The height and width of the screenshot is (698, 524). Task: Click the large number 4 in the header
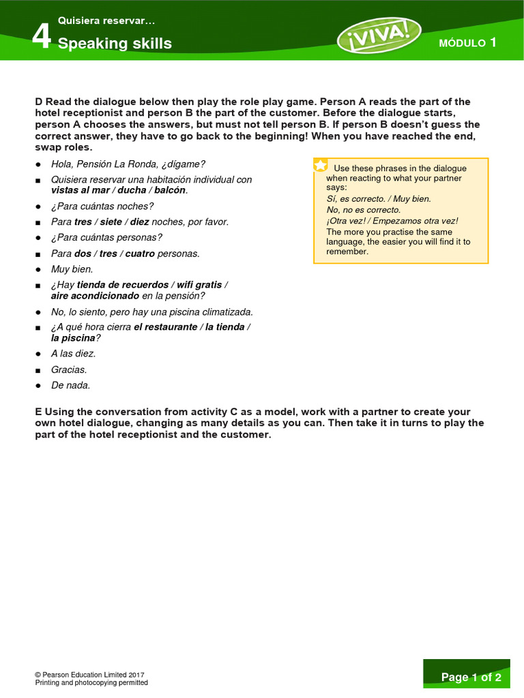[42, 37]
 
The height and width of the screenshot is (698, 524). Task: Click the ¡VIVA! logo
[379, 35]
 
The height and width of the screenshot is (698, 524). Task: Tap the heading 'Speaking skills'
[115, 44]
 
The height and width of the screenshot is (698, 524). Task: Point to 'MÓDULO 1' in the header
[467, 43]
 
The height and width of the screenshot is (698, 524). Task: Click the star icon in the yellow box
[320, 166]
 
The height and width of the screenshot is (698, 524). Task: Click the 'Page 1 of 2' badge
[471, 677]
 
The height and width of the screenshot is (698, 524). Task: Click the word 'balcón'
[170, 190]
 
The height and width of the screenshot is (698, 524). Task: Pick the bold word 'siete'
[111, 222]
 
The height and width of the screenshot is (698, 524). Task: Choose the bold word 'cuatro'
[139, 253]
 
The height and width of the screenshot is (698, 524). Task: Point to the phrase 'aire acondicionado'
[95, 296]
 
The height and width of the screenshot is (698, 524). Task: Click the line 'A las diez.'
[73, 354]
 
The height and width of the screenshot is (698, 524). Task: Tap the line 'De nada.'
[70, 385]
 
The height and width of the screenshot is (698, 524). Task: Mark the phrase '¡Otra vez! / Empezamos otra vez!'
[392, 221]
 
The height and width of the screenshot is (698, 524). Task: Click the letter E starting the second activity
[38, 412]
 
